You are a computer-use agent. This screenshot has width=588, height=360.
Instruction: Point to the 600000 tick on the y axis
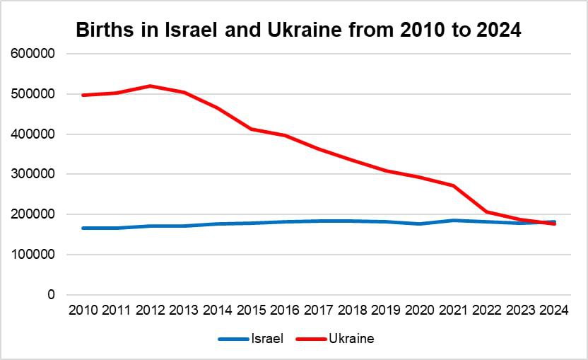(33, 54)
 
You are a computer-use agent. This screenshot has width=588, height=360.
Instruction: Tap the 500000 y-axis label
(33, 94)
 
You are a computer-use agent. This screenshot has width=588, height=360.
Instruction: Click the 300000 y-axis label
(33, 174)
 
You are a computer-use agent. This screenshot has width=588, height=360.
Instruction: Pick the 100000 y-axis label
(33, 255)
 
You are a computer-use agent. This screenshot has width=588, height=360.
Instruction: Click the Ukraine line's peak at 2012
(150, 86)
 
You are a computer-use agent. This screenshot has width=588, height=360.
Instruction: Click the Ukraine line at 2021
(453, 186)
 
